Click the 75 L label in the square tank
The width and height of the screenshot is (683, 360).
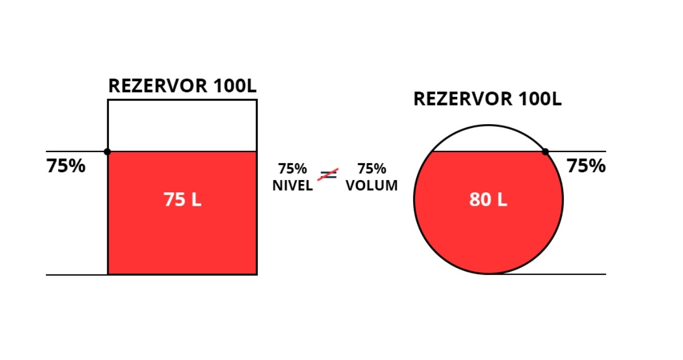click(x=182, y=200)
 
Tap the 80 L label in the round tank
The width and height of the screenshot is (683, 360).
click(x=488, y=200)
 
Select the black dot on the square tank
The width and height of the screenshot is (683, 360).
click(x=107, y=151)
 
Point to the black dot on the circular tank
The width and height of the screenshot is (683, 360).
click(x=546, y=151)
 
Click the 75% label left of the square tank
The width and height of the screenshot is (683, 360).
click(x=66, y=167)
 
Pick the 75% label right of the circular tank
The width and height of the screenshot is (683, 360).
click(x=586, y=167)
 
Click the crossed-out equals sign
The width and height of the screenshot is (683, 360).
click(x=329, y=174)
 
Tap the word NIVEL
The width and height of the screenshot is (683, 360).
click(x=292, y=186)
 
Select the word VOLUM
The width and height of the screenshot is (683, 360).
click(x=372, y=186)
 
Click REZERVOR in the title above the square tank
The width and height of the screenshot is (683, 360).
click(x=158, y=86)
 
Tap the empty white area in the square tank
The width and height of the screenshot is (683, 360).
click(x=182, y=126)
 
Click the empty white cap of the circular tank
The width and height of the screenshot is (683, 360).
click(x=488, y=139)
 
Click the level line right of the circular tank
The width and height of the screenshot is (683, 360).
click(x=581, y=151)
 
